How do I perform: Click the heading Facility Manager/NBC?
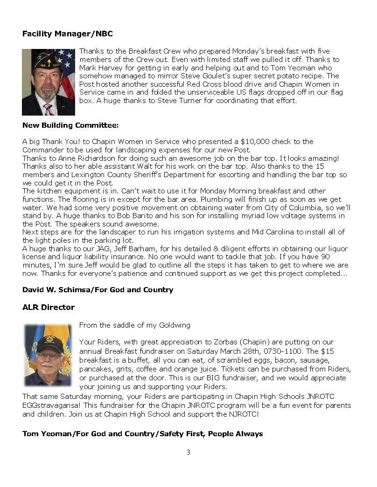pyautogui.click(x=68, y=34)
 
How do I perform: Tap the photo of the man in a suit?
pyautogui.click(x=49, y=82)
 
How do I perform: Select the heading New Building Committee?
pyautogui.click(x=70, y=125)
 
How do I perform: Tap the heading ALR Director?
pyautogui.click(x=49, y=308)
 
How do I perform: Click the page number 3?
pyautogui.click(x=188, y=452)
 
